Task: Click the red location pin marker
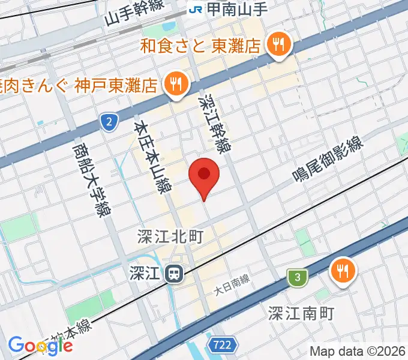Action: tap(204, 175)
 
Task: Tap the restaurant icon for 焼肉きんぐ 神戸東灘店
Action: tap(175, 84)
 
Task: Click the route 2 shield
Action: tap(108, 123)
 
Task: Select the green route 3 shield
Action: tap(296, 277)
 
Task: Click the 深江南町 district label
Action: tap(300, 313)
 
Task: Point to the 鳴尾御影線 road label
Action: tap(329, 157)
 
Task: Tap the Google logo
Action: tap(40, 346)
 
